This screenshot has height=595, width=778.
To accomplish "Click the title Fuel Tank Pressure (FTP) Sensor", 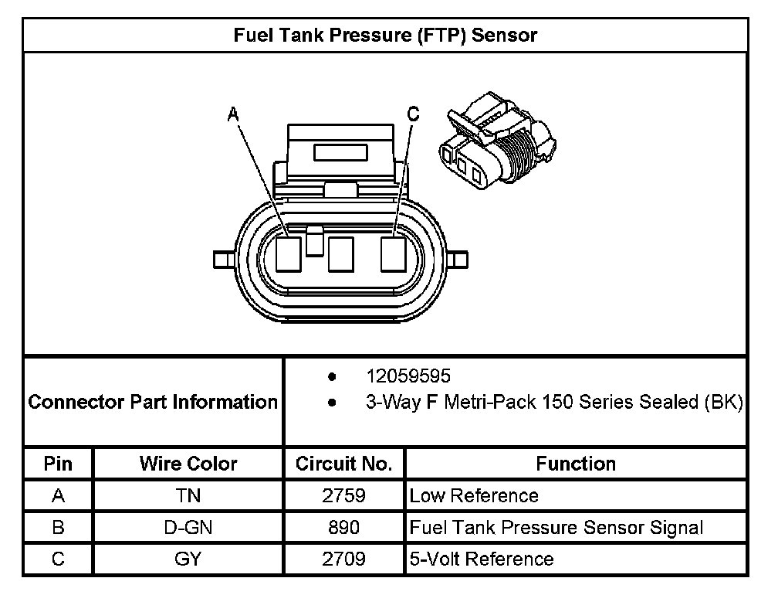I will click(x=384, y=35).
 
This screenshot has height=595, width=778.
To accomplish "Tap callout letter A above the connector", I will click(x=233, y=115).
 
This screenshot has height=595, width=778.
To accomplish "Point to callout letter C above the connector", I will click(x=413, y=114).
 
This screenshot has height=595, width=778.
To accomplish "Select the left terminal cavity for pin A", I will click(x=289, y=253).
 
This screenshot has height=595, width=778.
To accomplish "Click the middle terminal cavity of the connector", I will click(x=340, y=254).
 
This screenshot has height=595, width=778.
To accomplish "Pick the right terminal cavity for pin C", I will click(x=393, y=253).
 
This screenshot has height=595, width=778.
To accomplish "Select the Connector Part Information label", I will click(x=153, y=402).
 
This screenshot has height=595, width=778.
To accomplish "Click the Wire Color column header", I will click(x=188, y=464).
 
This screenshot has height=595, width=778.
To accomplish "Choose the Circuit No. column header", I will click(x=344, y=464).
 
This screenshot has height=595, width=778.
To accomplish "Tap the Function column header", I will click(x=576, y=464).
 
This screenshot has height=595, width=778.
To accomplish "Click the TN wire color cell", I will click(x=188, y=495).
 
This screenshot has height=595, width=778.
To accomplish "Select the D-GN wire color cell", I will click(x=188, y=527).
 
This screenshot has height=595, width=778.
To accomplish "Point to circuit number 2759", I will click(x=344, y=495).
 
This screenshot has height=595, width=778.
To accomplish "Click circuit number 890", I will click(x=344, y=527).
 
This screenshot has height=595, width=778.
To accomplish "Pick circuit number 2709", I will click(x=344, y=558).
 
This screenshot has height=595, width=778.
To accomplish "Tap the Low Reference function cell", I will click(x=474, y=495).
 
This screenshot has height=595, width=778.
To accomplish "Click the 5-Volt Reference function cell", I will click(x=482, y=558).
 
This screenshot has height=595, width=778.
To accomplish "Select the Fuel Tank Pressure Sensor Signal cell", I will click(x=556, y=527).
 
